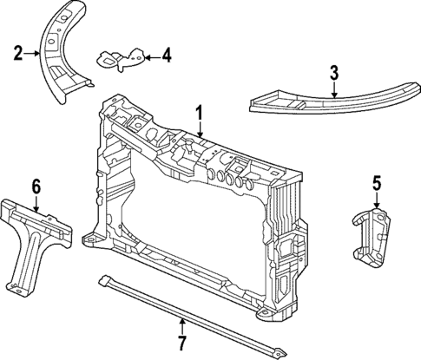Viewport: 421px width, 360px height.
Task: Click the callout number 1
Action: pos(199,112)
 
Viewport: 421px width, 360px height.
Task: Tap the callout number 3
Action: pos(333,74)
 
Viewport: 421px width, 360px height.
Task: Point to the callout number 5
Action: pos(376,182)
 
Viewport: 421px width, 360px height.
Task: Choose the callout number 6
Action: pos(36,186)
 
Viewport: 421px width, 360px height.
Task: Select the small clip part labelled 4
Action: pos(120,59)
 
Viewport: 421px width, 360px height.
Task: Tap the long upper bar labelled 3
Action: pos(330,102)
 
